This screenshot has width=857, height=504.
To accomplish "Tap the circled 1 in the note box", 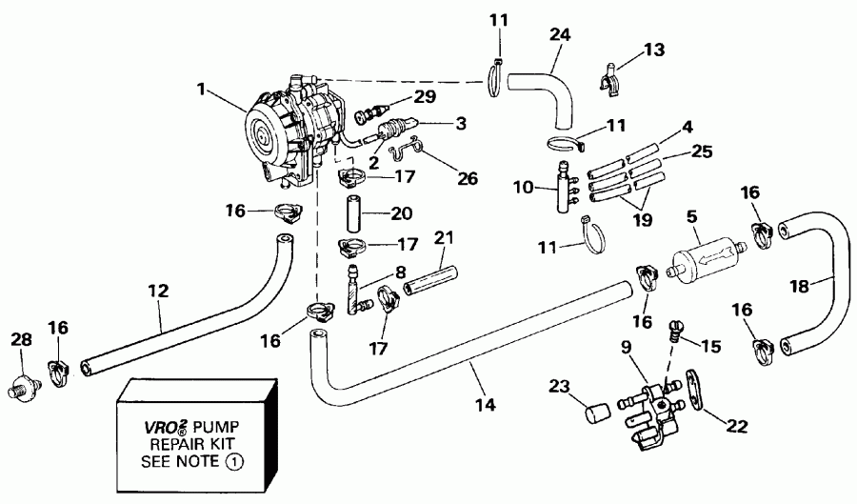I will pos(234,462).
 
